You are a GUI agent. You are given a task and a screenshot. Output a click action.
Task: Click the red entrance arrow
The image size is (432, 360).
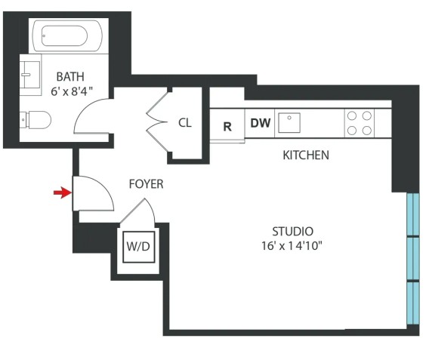[x=63, y=192]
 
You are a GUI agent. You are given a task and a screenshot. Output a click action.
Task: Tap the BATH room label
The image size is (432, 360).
[x=70, y=77]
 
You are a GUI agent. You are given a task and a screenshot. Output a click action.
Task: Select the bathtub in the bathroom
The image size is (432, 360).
[x=67, y=35]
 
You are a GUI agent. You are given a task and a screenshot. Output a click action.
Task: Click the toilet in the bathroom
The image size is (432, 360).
[x=35, y=120]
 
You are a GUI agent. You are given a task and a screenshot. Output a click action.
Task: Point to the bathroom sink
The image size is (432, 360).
[x=29, y=75]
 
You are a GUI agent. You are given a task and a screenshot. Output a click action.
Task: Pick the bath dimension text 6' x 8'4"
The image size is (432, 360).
[x=72, y=91]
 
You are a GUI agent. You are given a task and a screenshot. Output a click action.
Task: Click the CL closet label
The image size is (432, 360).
[x=185, y=123]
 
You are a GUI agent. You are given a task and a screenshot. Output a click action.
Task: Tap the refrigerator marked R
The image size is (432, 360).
[x=227, y=125]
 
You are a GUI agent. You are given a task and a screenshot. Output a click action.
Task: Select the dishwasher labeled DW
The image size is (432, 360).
[x=260, y=123]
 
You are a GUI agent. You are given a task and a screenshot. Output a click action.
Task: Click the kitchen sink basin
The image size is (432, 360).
[x=289, y=123]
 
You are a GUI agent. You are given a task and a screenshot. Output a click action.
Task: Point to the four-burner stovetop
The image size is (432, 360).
[x=359, y=123]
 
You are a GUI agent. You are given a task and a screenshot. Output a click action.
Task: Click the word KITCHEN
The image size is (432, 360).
[x=306, y=155]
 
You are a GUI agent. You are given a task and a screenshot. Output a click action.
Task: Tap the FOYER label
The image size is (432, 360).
[x=146, y=184]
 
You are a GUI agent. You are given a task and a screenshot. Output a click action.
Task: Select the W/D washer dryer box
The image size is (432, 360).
[x=138, y=247]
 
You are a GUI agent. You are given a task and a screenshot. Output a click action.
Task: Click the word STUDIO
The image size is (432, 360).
[x=292, y=232]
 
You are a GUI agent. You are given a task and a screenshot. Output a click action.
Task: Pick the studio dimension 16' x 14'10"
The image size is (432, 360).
[x=292, y=246]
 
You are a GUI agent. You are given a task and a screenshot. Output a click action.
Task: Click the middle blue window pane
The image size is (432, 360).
[x=413, y=258]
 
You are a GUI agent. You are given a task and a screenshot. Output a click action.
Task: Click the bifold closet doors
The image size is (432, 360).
[x=157, y=121]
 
